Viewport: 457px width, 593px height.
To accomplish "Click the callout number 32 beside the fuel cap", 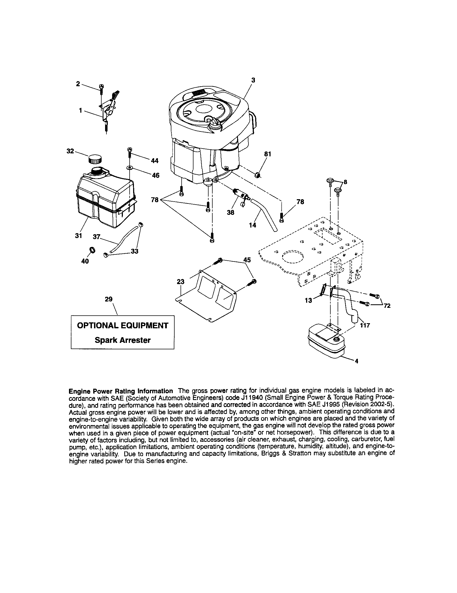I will tap(70, 151).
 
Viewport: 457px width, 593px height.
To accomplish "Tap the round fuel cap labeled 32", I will tap(94, 158).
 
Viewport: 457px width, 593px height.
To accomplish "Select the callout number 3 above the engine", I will tap(253, 80).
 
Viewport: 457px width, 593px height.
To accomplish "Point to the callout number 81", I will tap(268, 154).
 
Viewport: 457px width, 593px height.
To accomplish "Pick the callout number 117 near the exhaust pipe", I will tap(365, 325).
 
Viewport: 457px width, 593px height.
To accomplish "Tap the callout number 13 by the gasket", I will tap(309, 301).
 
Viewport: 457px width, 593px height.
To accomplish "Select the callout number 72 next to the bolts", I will tap(387, 306).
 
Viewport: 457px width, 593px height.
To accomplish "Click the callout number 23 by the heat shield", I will tap(181, 282).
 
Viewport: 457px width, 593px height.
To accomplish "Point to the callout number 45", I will tap(247, 260).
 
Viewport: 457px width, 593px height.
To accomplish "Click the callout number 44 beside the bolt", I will tap(154, 161).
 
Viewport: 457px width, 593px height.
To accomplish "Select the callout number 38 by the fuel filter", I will tap(230, 212).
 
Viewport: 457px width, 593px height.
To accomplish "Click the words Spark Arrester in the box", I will tap(122, 340).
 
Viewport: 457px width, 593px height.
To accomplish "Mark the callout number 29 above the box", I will tap(109, 299).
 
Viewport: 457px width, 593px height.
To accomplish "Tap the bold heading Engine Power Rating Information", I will tap(121, 391).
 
